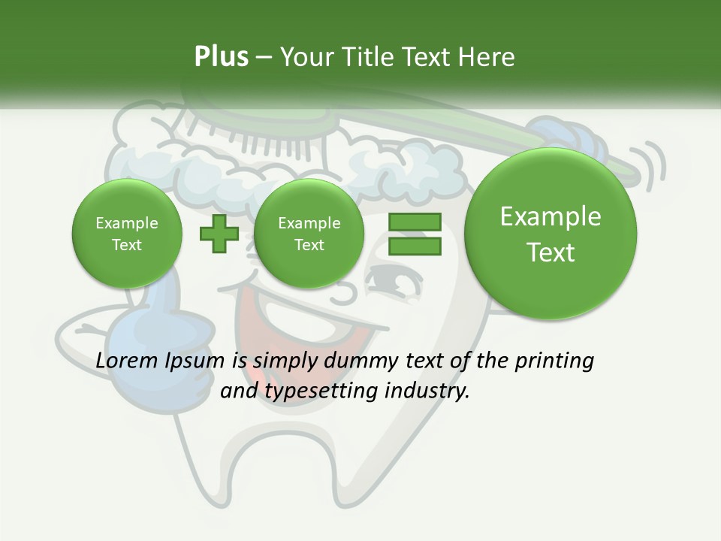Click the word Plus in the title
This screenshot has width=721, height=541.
click(x=221, y=57)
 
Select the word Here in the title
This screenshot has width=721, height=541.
click(x=488, y=57)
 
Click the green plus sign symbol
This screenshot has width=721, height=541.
click(x=219, y=233)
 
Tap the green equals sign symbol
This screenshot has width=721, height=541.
click(x=414, y=234)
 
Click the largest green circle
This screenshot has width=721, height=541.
click(x=551, y=234)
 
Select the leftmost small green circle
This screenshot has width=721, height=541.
click(x=126, y=234)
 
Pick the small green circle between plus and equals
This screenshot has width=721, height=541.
click(x=309, y=234)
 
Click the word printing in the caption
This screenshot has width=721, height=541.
click(x=554, y=361)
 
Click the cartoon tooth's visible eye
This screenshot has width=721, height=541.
click(x=394, y=284)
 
